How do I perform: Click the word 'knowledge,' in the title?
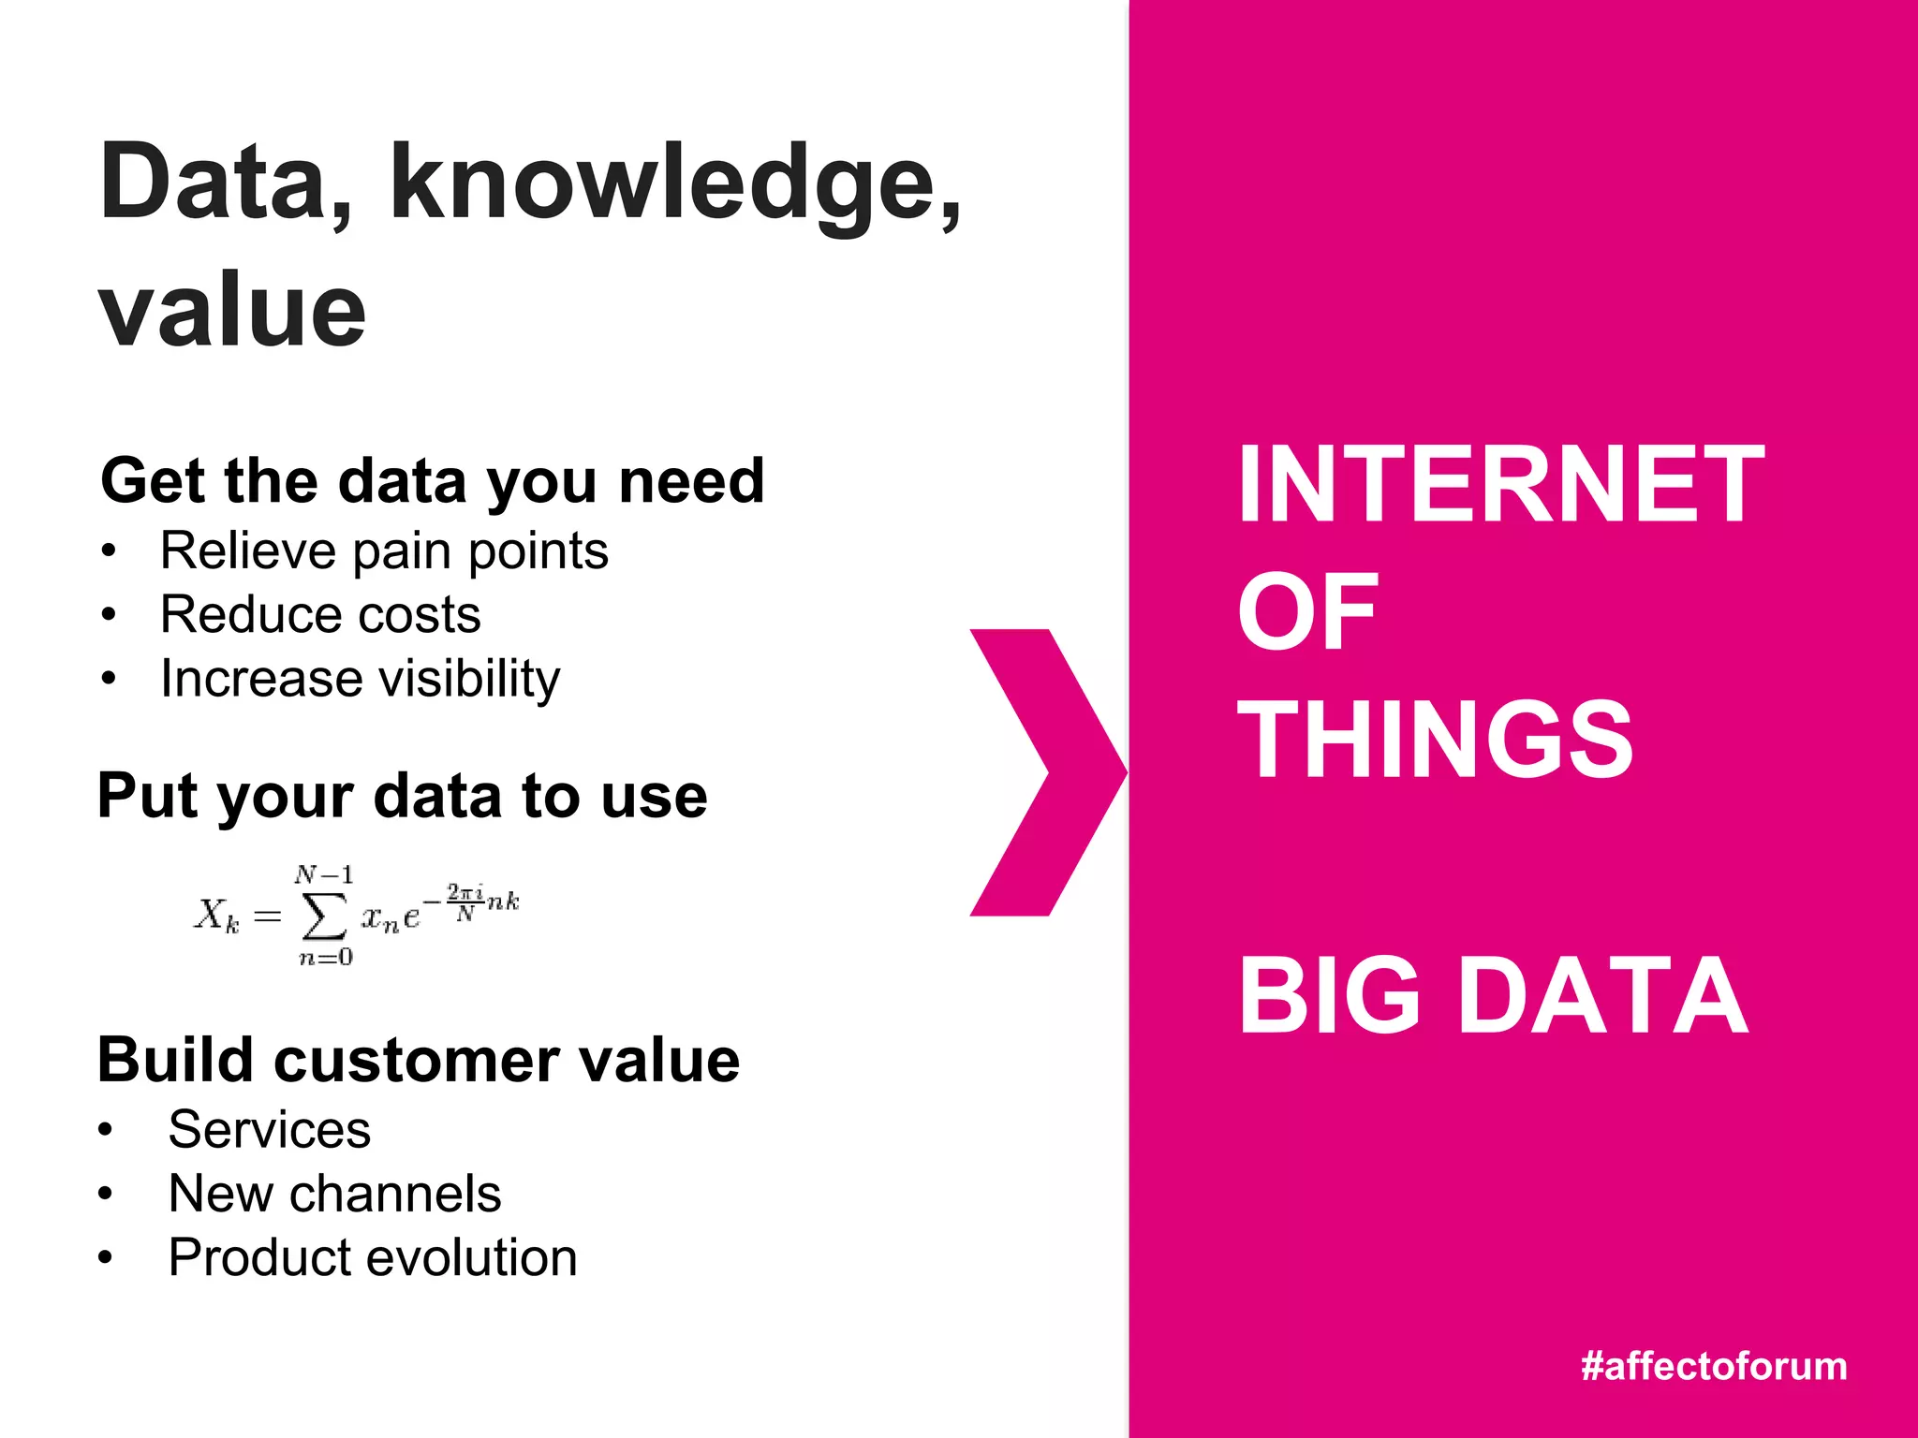[x=674, y=184]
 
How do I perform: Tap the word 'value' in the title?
[x=232, y=311]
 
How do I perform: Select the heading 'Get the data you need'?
[x=432, y=481]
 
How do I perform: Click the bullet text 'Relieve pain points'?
[x=384, y=550]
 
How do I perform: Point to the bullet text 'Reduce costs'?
[x=320, y=615]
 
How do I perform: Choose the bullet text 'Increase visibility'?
[x=360, y=679]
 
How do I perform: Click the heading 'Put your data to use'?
[x=402, y=797]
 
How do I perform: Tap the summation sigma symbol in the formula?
[x=323, y=917]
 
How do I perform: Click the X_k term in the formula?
[x=216, y=915]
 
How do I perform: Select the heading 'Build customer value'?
[x=419, y=1061]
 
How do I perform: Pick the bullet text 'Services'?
[x=269, y=1130]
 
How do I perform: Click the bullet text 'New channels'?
[x=334, y=1194]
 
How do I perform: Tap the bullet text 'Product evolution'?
[x=372, y=1257]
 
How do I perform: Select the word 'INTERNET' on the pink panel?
[x=1499, y=485]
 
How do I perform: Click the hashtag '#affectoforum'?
[x=1713, y=1366]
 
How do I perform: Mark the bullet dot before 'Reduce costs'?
[x=110, y=615]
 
